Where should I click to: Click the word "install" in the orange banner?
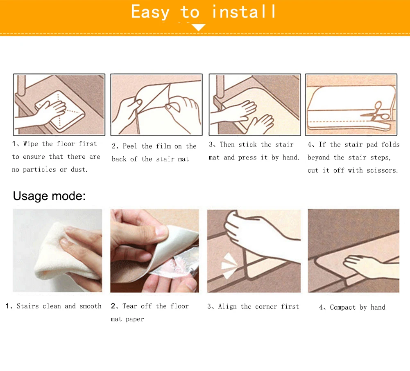pos(244,12)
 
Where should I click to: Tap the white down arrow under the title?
pos(199,27)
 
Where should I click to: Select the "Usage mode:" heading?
pos(49,196)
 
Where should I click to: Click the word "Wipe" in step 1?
pos(30,144)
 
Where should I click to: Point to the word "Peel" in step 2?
pos(130,146)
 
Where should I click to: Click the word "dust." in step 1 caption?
pos(79,170)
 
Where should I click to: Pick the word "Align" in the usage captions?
pos(227,306)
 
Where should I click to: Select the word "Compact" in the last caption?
pos(343,307)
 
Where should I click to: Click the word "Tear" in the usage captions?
pos(130,306)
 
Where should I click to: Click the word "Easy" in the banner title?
pos(150,12)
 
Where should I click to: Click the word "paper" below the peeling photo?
pos(135,319)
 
